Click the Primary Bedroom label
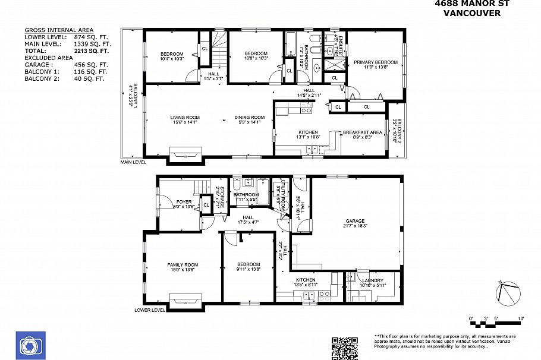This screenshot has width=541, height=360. (x=376, y=62)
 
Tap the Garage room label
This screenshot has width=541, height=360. (x=355, y=222)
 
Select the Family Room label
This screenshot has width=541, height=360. (x=183, y=265)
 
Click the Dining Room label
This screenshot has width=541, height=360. (x=249, y=118)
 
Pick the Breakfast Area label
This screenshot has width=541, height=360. (x=358, y=132)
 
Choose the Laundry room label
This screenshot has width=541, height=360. (x=373, y=280)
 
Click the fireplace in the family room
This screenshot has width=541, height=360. (x=185, y=301)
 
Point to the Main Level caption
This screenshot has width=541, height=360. (x=133, y=162)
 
